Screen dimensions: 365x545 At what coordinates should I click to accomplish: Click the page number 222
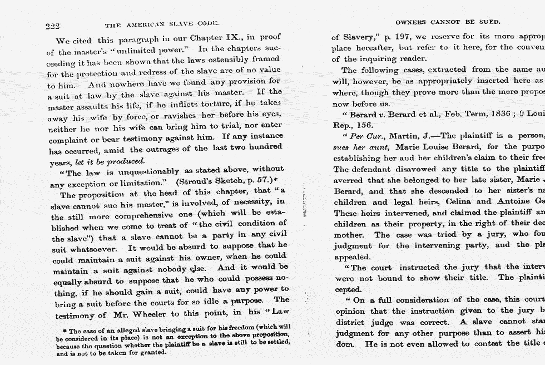[52, 26]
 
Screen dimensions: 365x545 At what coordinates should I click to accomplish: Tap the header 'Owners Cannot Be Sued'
[448, 22]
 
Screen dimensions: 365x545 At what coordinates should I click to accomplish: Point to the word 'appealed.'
[351, 257]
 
